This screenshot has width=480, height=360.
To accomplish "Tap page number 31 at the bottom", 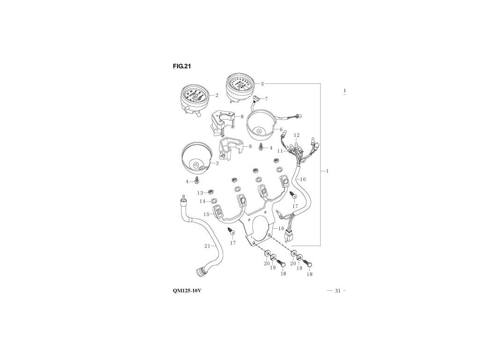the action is [x=337, y=291].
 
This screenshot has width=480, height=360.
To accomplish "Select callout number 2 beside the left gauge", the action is [x=217, y=95].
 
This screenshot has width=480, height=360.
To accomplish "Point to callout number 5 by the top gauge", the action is [x=262, y=84].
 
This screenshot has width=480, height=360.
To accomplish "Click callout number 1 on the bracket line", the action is [x=327, y=171].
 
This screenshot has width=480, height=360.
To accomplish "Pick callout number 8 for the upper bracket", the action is [x=242, y=116].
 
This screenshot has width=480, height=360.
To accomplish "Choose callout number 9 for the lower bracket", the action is [x=250, y=147].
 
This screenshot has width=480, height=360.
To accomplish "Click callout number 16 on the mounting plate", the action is [x=281, y=228].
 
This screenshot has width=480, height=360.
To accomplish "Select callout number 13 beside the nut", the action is [x=200, y=193].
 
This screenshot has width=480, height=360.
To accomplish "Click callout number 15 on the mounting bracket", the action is [x=206, y=214].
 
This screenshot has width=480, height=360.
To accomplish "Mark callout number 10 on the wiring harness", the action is [x=302, y=179].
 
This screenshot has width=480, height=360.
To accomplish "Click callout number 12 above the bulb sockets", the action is [x=296, y=135].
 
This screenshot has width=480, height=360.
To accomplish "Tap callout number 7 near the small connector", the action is [x=266, y=99].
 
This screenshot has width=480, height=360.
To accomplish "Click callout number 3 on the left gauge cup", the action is [x=217, y=164].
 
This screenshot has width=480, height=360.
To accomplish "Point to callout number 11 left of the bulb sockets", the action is [x=279, y=151].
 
